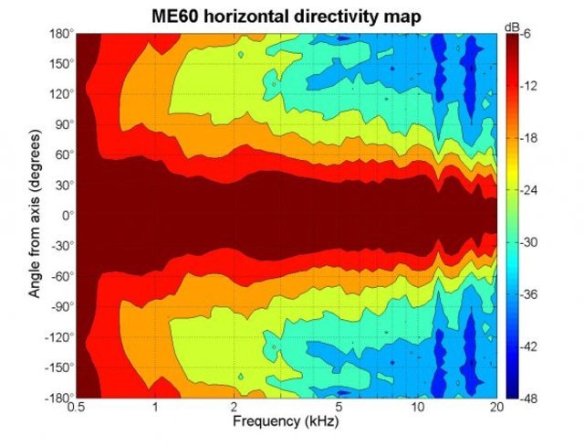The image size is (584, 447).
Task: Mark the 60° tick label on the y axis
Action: [62, 155]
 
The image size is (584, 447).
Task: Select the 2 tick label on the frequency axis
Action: [235, 408]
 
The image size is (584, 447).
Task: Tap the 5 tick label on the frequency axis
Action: [339, 408]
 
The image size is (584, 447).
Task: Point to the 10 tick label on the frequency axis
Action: [418, 408]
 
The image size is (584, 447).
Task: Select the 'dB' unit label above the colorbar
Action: [512, 27]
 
